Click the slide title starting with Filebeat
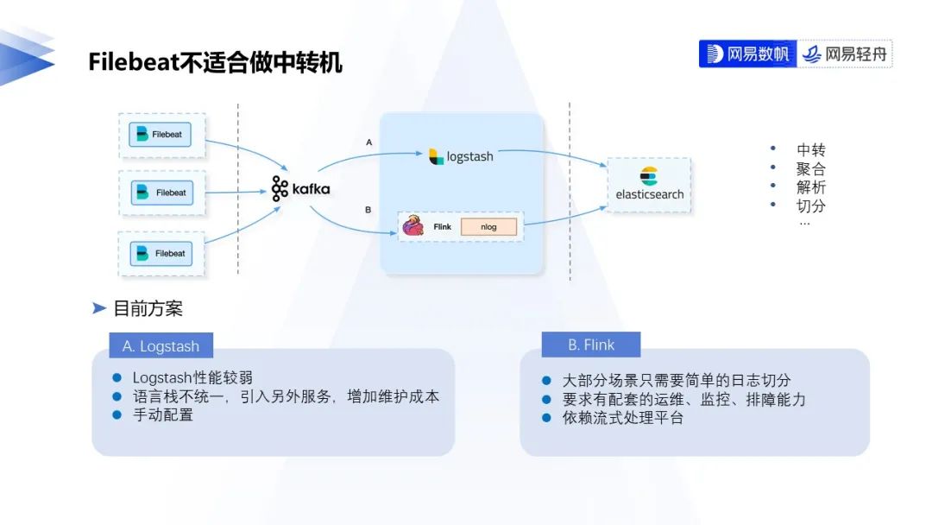coord(215,62)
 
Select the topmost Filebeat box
coord(161,135)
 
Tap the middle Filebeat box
coord(163,193)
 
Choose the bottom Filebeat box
coord(162,254)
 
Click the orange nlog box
coord(489,227)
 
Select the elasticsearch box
coord(649,185)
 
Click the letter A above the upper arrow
coord(369,142)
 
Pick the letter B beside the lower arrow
coord(368,210)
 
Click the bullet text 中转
coord(810,150)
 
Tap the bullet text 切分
coord(810,206)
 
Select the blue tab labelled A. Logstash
coord(161,346)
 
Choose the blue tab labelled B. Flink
coord(591,345)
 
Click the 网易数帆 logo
coord(747,54)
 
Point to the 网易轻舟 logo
coord(845,54)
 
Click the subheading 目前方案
coord(148,308)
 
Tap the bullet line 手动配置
coord(163,415)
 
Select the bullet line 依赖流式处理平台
coord(623,419)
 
